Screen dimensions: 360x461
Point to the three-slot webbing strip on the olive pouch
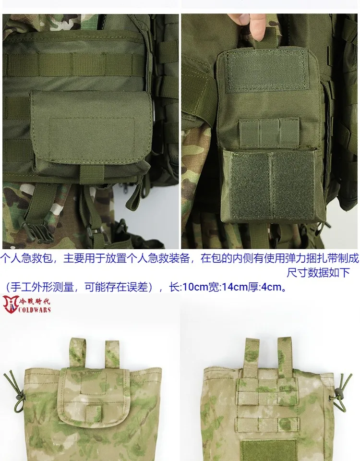[269, 133]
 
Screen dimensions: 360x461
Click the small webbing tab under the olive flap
[92, 173]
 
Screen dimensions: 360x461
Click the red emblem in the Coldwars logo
[11, 304]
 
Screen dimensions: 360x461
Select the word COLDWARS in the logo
[35, 310]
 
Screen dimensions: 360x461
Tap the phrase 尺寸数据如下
[318, 273]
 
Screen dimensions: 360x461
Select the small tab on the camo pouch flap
[94, 413]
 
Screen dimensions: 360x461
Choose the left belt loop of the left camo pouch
[78, 352]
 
